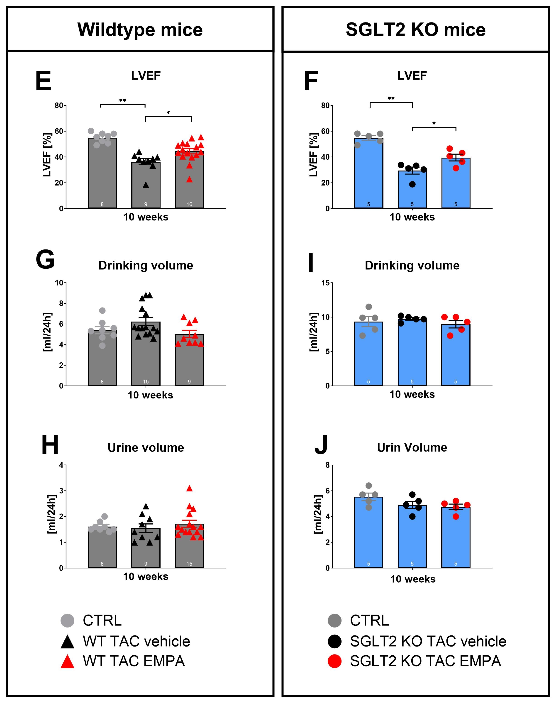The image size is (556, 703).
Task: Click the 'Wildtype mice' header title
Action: click(140, 30)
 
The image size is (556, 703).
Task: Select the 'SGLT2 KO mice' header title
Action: click(415, 30)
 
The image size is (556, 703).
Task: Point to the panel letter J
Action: click(321, 445)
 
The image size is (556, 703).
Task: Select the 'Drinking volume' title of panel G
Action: click(146, 265)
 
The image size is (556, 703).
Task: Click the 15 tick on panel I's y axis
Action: click(325, 283)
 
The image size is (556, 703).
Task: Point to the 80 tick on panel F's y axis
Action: click(325, 105)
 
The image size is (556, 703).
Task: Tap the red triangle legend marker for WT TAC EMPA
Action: click(67, 661)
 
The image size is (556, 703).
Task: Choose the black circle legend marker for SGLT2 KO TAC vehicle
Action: click(335, 641)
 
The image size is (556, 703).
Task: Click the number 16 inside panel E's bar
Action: click(190, 204)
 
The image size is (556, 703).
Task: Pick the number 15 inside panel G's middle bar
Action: click(146, 381)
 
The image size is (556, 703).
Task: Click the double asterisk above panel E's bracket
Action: click(122, 100)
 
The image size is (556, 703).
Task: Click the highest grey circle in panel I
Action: click(368, 307)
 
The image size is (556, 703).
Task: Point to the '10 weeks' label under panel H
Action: click(146, 577)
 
